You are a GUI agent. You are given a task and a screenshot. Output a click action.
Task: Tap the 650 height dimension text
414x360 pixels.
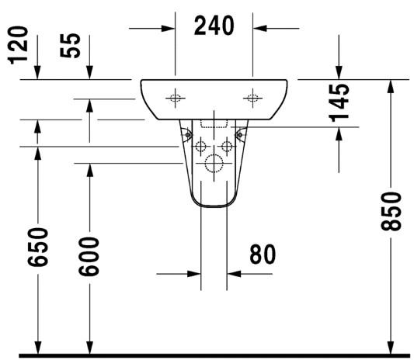coord(39,246)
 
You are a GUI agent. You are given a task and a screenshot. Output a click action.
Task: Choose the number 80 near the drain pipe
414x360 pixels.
coord(262,254)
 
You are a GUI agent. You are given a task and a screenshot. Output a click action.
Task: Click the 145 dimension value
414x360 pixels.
coord(339,102)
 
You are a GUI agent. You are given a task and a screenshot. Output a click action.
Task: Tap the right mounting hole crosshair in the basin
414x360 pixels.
coord(252,98)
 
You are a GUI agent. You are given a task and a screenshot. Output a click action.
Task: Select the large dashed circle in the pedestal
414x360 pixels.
coord(214,164)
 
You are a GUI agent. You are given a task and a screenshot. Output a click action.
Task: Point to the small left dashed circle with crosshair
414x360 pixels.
coord(200,145)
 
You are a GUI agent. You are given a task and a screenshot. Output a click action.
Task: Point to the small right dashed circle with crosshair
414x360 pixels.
coord(227,145)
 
